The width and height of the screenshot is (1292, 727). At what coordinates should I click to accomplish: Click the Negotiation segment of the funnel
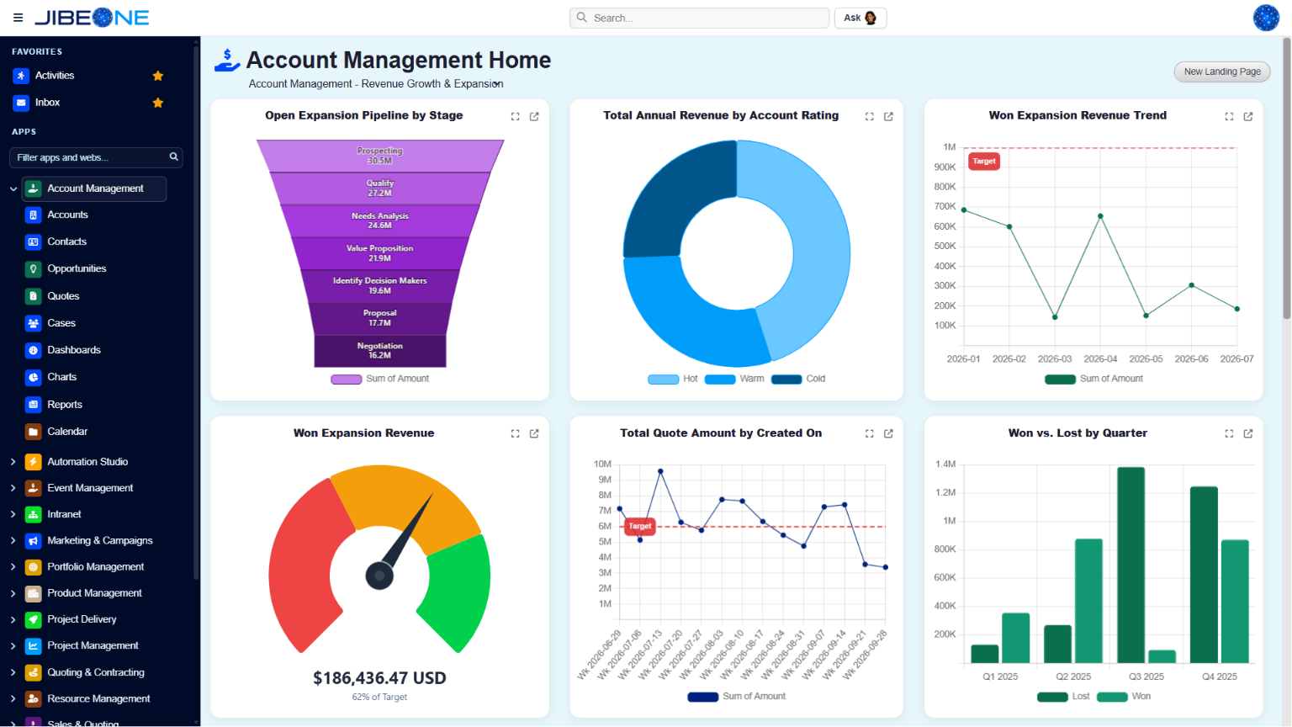[x=380, y=350]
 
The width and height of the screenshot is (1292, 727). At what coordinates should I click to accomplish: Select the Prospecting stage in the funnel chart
[x=380, y=155]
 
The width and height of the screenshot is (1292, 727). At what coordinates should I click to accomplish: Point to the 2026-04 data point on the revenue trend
[x=1100, y=216]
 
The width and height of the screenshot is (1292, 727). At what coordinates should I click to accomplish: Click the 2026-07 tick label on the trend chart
[x=1236, y=359]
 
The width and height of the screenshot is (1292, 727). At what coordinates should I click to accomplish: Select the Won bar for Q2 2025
[x=1088, y=601]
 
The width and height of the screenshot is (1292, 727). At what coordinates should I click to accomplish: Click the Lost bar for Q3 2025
[x=1130, y=565]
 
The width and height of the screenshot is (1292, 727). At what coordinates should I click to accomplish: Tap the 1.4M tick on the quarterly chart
[x=945, y=464]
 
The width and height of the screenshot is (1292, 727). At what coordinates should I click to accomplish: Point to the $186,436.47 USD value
[x=379, y=678]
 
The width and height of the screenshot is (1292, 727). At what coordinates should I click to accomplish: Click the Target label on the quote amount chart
[x=639, y=526]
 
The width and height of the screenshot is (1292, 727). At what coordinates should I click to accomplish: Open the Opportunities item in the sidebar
[x=77, y=269]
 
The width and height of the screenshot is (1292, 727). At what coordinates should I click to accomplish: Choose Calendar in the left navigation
[x=67, y=432]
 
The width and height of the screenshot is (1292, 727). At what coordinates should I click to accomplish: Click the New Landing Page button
[x=1222, y=72]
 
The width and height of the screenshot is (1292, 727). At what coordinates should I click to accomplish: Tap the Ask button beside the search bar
[x=860, y=18]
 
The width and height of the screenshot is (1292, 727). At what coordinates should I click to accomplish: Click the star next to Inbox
[x=158, y=103]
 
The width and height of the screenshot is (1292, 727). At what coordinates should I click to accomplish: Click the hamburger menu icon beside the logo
[x=18, y=18]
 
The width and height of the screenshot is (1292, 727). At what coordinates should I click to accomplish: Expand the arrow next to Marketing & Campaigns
[x=13, y=541]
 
